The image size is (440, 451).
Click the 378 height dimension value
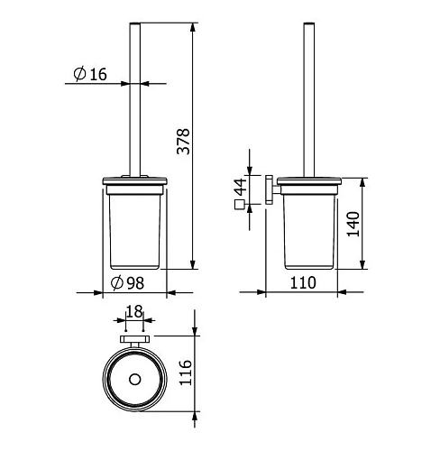(x=183, y=142)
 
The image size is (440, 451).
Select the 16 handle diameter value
(x=98, y=74)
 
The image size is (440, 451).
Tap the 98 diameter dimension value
(x=135, y=283)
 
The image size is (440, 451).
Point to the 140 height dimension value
(x=353, y=224)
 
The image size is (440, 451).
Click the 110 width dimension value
(x=303, y=282)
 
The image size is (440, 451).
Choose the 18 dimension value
(x=134, y=312)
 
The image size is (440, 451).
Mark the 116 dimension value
(x=185, y=373)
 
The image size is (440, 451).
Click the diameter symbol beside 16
(x=80, y=74)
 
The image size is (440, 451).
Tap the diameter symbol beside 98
(x=117, y=283)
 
